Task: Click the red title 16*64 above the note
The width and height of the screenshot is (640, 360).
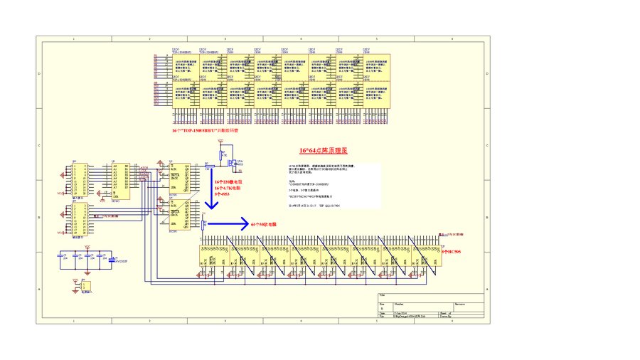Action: point(323,151)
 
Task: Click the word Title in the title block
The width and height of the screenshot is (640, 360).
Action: point(383,295)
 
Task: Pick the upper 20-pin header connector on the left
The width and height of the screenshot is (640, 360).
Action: point(78,179)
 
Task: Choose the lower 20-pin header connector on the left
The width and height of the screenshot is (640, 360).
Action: point(78,218)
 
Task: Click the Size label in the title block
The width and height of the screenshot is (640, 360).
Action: point(383,302)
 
